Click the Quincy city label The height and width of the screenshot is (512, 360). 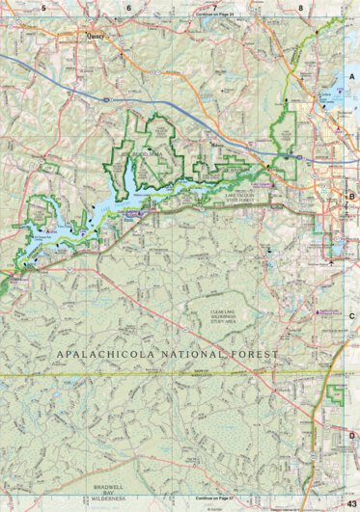[95, 40]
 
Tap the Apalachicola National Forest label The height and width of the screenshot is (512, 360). [167, 356]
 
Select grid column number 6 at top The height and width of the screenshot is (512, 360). [128, 7]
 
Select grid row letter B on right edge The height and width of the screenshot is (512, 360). [352, 196]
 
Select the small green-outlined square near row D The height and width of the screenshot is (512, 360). [335, 393]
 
